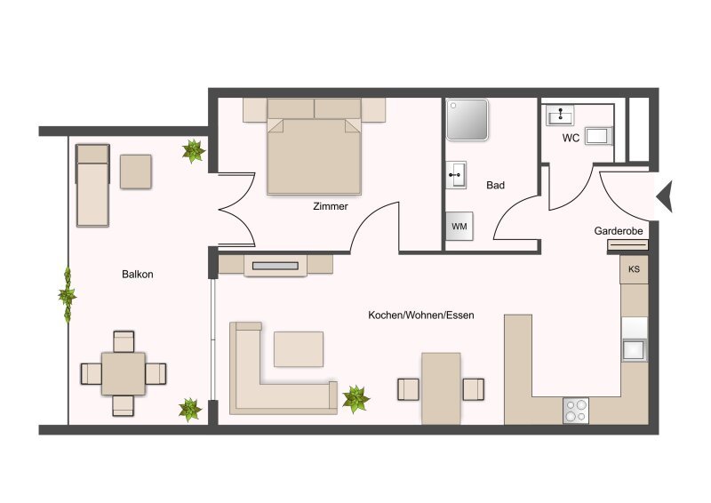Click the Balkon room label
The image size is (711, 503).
tap(138, 275)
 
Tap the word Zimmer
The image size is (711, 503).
tap(331, 206)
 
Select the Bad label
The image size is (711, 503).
tap(495, 185)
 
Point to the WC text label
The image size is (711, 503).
tap(571, 138)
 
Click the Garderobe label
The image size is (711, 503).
tap(619, 231)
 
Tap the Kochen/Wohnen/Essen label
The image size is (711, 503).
tap(420, 315)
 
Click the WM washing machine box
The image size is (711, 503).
tap(459, 226)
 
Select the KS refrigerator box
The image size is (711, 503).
tap(634, 269)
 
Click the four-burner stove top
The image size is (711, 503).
tap(576, 411)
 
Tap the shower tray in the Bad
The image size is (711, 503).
tap(467, 120)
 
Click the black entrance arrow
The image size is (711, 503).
tap(664, 196)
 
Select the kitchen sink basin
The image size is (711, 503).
tap(635, 349)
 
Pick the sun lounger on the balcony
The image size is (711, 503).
tap(92, 185)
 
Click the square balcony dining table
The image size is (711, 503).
tap(124, 374)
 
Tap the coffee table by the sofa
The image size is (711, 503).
tap(299, 348)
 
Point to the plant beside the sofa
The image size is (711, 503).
tap(355, 399)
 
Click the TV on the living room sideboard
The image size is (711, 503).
tap(276, 266)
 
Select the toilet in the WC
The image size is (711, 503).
tap(598, 136)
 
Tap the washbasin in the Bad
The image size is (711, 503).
tap(456, 174)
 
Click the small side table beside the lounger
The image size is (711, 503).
tap(136, 172)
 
